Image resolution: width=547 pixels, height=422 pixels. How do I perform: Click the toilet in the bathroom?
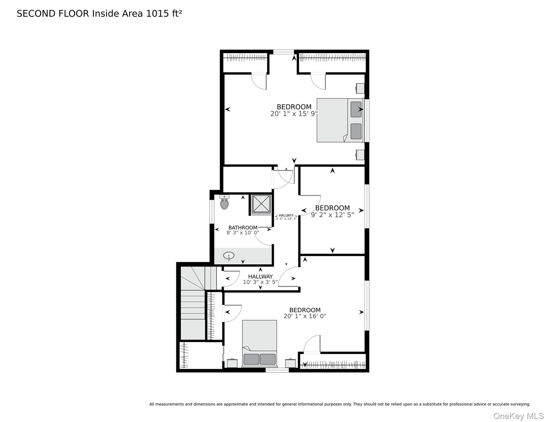(x=224, y=203)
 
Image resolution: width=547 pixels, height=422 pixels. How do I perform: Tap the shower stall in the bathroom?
(x=261, y=204)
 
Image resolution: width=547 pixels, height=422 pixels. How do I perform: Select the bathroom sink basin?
(x=229, y=256)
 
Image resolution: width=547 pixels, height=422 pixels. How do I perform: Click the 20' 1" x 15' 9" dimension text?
(x=294, y=114)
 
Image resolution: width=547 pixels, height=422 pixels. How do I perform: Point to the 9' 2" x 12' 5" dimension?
(x=332, y=215)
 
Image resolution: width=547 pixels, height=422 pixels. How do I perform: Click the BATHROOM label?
(x=243, y=227)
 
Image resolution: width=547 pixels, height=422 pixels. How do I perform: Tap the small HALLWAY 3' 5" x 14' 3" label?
(x=286, y=217)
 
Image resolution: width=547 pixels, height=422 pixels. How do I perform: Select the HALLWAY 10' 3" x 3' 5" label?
(x=260, y=279)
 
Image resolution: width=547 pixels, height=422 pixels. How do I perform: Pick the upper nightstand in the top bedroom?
(x=360, y=88)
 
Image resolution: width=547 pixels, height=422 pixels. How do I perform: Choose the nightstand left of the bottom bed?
(x=232, y=363)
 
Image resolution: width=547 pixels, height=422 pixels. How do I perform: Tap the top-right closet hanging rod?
(x=332, y=57)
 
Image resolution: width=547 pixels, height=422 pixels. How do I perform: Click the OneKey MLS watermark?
(x=518, y=416)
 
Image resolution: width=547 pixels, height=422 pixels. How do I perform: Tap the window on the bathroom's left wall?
(x=212, y=212)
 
